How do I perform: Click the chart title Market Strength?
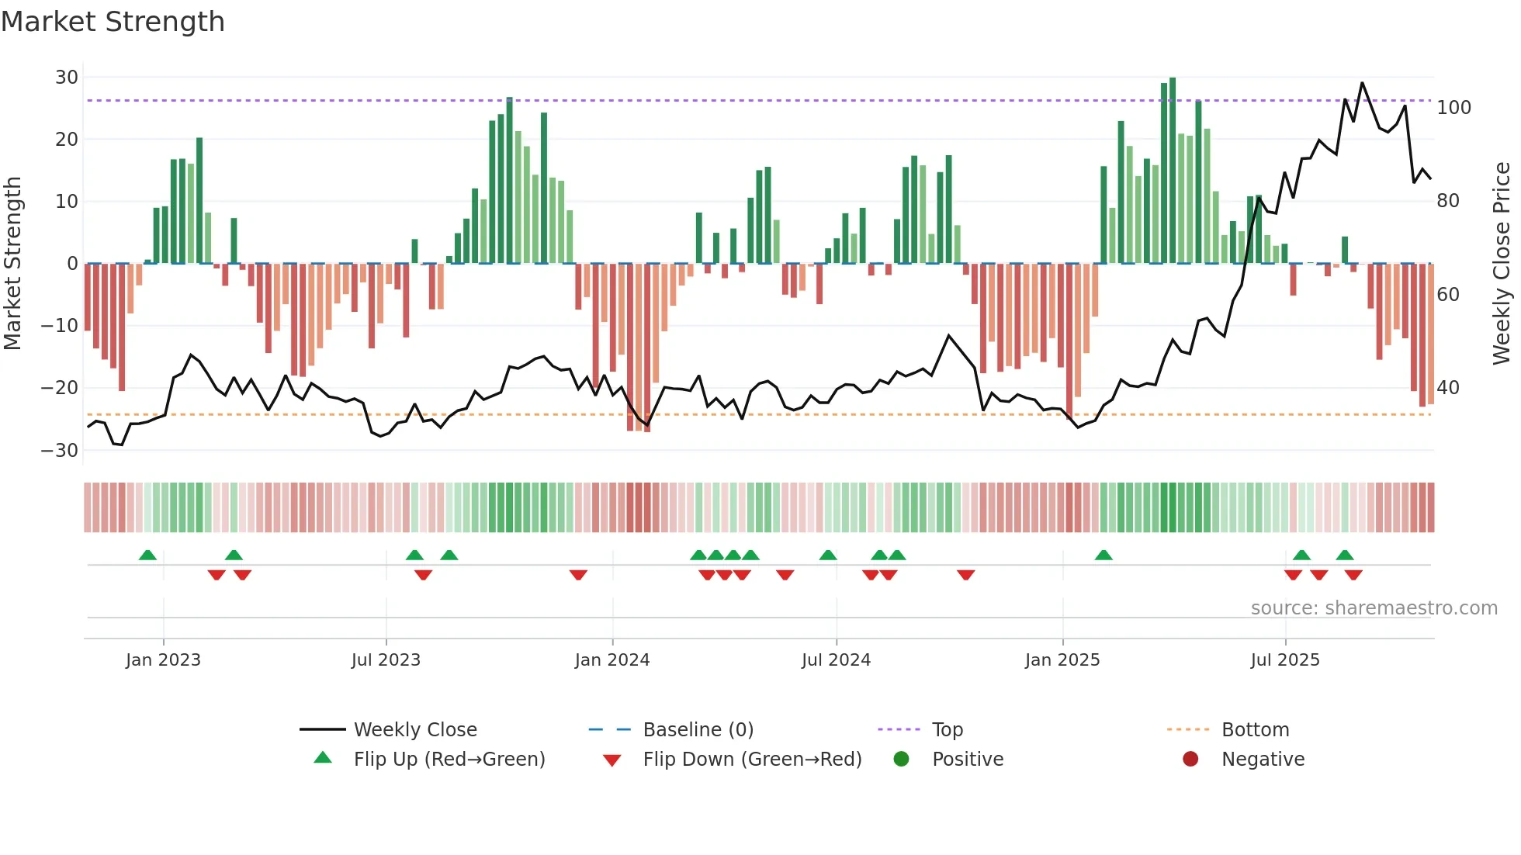(x=113, y=22)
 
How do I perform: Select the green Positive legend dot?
(x=901, y=760)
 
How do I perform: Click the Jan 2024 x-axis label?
(x=612, y=660)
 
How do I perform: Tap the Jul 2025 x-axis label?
(x=1285, y=660)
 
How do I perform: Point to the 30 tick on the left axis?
(x=67, y=78)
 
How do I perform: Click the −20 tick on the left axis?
(x=61, y=388)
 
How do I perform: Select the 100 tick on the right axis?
(x=1453, y=108)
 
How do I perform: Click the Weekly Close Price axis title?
(x=1502, y=264)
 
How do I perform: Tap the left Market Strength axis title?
(x=13, y=264)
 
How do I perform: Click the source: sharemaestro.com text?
(x=1374, y=608)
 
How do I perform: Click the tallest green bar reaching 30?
(x=1173, y=171)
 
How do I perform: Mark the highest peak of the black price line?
(x=1362, y=83)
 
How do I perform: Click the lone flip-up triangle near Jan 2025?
(x=1104, y=555)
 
